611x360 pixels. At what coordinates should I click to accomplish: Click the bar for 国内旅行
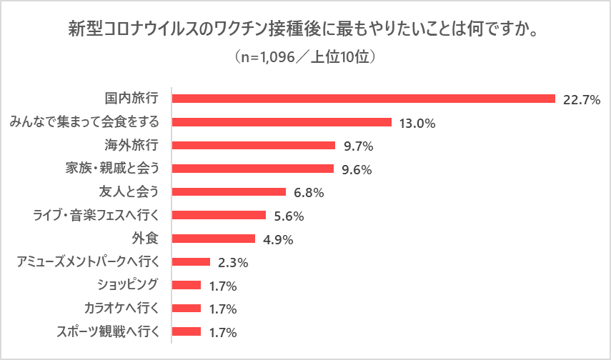(x=364, y=99)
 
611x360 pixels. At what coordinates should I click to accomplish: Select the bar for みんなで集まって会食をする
(x=282, y=122)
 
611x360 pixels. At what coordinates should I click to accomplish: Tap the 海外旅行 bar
(x=254, y=145)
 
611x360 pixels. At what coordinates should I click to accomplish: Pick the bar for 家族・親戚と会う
(x=253, y=169)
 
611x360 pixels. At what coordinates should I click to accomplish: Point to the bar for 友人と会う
(x=229, y=192)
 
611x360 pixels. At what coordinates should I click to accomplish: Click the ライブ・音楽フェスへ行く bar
(x=219, y=215)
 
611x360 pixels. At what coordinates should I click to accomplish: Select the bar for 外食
(x=214, y=239)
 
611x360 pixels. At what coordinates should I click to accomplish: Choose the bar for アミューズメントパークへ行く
(x=192, y=262)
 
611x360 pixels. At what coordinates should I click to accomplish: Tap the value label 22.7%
(x=580, y=99)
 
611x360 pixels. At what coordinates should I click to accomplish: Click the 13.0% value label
(x=417, y=123)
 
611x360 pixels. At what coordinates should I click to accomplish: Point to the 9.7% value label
(x=359, y=146)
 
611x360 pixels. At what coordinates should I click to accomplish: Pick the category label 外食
(x=147, y=239)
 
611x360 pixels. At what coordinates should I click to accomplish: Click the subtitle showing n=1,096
(x=305, y=56)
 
